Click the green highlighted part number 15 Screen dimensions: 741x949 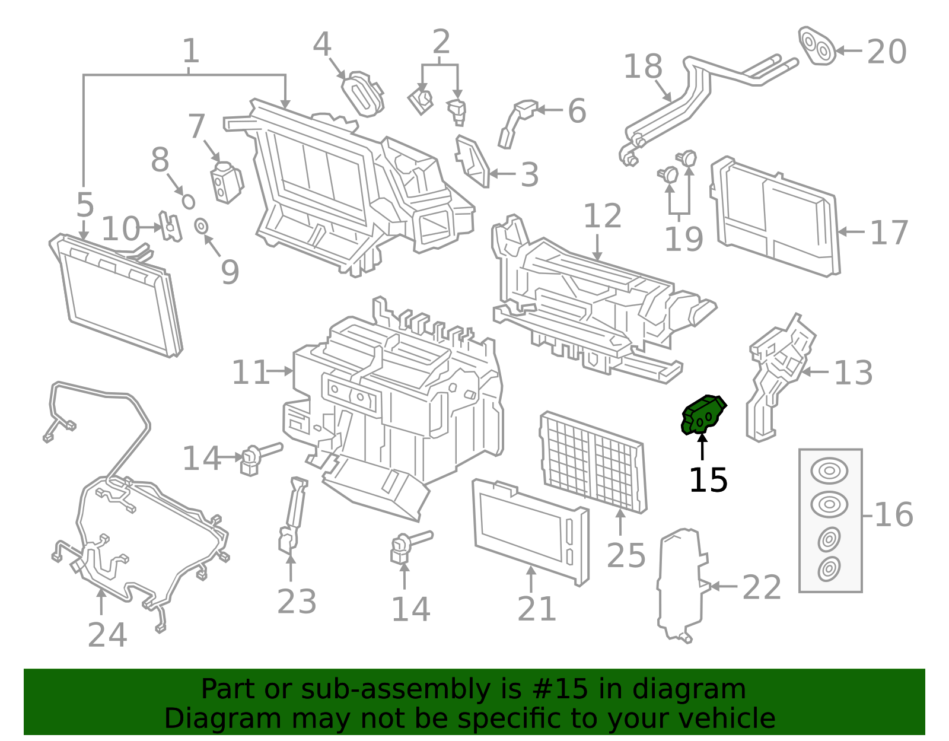point(702,415)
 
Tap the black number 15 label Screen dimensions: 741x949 point(708,480)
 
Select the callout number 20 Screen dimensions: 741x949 point(886,52)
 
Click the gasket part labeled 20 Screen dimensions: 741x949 point(817,46)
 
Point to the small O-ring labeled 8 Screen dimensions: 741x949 point(188,201)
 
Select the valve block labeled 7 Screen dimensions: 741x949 point(225,183)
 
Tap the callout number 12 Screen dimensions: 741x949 point(602,216)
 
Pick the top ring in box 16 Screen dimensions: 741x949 point(829,470)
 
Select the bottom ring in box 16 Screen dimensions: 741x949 point(829,569)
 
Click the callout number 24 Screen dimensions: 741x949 point(107,635)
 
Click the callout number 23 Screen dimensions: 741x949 point(297,602)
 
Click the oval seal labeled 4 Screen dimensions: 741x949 point(362,94)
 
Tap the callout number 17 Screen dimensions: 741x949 point(889,233)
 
